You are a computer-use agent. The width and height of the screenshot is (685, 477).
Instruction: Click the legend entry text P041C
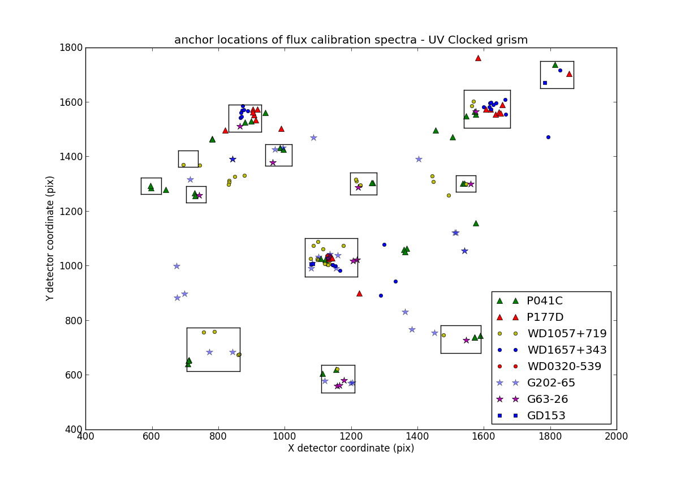click(545, 301)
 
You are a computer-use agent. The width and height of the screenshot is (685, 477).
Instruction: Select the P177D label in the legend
click(545, 317)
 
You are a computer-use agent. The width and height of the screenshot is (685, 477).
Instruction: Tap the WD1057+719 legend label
click(567, 334)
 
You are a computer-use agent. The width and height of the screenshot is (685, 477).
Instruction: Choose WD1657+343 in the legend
click(567, 350)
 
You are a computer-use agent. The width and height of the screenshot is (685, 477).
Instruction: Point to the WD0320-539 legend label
click(565, 367)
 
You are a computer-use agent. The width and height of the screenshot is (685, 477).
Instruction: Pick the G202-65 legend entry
click(551, 383)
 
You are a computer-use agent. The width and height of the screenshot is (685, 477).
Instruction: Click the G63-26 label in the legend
click(548, 399)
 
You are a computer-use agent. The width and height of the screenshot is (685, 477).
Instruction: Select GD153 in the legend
click(546, 416)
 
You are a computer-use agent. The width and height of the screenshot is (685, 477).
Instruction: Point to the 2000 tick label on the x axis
click(616, 437)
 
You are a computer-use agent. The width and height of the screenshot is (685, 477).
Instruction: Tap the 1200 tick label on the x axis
click(351, 437)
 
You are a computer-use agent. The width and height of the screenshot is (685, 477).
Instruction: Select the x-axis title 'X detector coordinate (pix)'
click(351, 449)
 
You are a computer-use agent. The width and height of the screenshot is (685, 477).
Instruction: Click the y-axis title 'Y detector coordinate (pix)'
click(50, 238)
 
